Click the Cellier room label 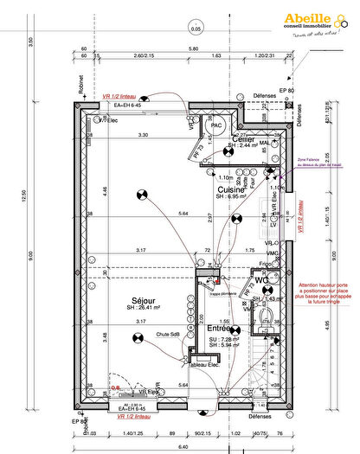tap(242, 139)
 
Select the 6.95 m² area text tap(233, 197)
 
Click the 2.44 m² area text tap(242, 146)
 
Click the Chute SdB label tap(168, 334)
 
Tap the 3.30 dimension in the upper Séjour tap(144, 135)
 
